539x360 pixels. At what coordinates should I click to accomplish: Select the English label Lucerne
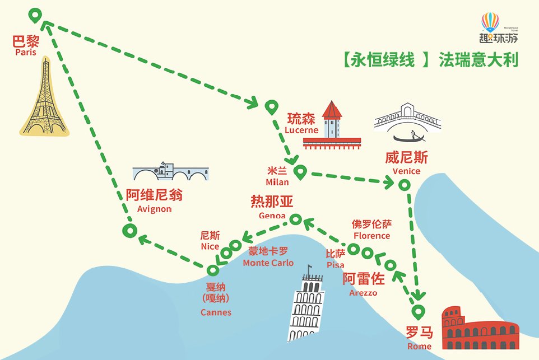click(301, 130)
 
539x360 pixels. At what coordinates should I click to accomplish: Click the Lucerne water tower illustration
click(332, 120)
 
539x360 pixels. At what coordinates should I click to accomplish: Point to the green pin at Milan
click(300, 172)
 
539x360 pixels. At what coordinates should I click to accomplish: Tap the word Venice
click(406, 171)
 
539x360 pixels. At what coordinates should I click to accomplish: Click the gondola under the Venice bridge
click(412, 138)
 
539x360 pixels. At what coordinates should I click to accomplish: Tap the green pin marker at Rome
click(417, 311)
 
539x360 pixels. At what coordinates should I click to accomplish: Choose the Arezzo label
click(363, 292)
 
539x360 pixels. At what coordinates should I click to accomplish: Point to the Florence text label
click(371, 236)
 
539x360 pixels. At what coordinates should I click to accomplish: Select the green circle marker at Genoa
click(295, 219)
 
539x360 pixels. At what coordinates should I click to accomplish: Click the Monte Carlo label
click(268, 263)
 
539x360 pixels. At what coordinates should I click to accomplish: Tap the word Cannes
click(216, 312)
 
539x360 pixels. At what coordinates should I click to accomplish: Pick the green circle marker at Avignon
click(129, 230)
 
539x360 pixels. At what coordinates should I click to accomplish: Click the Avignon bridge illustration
click(171, 172)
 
